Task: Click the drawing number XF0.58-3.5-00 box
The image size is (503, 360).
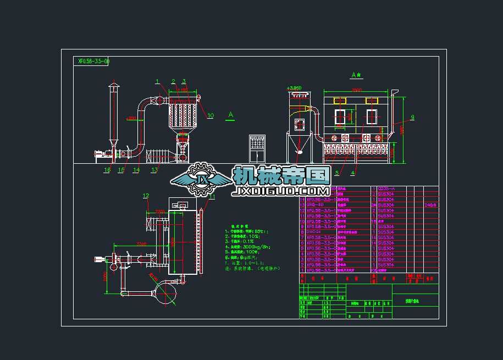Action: coord(93,62)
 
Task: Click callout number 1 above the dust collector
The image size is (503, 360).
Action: coord(157,82)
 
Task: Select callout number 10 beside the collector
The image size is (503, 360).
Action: coord(211,115)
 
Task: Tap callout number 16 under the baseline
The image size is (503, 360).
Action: coord(107,170)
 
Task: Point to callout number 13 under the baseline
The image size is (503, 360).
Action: coord(154,170)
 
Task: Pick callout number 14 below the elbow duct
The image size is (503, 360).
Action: coord(136,170)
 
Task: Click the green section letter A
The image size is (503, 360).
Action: coord(230,114)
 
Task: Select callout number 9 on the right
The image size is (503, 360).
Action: coord(412,117)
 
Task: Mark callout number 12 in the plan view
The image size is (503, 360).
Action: coord(146,195)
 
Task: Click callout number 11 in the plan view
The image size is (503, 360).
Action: coord(212,196)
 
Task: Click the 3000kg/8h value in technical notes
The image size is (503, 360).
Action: coord(253,247)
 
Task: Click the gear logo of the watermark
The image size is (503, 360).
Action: coord(204,179)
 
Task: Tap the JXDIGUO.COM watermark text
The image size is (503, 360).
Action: coord(282,191)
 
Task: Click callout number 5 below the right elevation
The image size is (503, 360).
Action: coord(336,173)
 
